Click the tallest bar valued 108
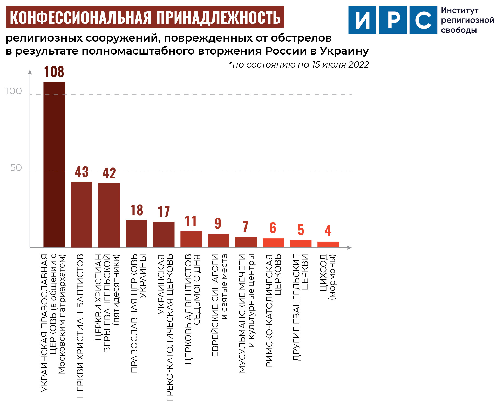pyautogui.click(x=54, y=165)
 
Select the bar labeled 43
pyautogui.click(x=81, y=214)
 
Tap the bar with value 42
pyautogui.click(x=109, y=215)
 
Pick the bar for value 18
pyautogui.click(x=136, y=234)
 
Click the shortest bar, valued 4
pyautogui.click(x=328, y=244)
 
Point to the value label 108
pyautogui.click(x=54, y=72)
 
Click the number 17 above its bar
pyautogui.click(x=164, y=212)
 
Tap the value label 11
pyautogui.click(x=191, y=221)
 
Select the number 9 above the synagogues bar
pyautogui.click(x=218, y=223)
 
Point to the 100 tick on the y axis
pyautogui.click(x=14, y=91)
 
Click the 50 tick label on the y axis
pyautogui.click(x=16, y=168)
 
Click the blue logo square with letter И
pyautogui.click(x=362, y=20)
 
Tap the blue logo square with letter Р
pyautogui.click(x=393, y=20)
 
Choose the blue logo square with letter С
pyautogui.click(x=423, y=20)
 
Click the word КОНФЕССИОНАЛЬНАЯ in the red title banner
pyautogui.click(x=80, y=17)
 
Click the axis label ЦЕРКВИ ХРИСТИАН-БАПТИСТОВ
pyautogui.click(x=80, y=326)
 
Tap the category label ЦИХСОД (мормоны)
pyautogui.click(x=328, y=277)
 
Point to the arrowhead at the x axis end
pyautogui.click(x=349, y=247)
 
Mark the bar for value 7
pyautogui.click(x=246, y=242)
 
